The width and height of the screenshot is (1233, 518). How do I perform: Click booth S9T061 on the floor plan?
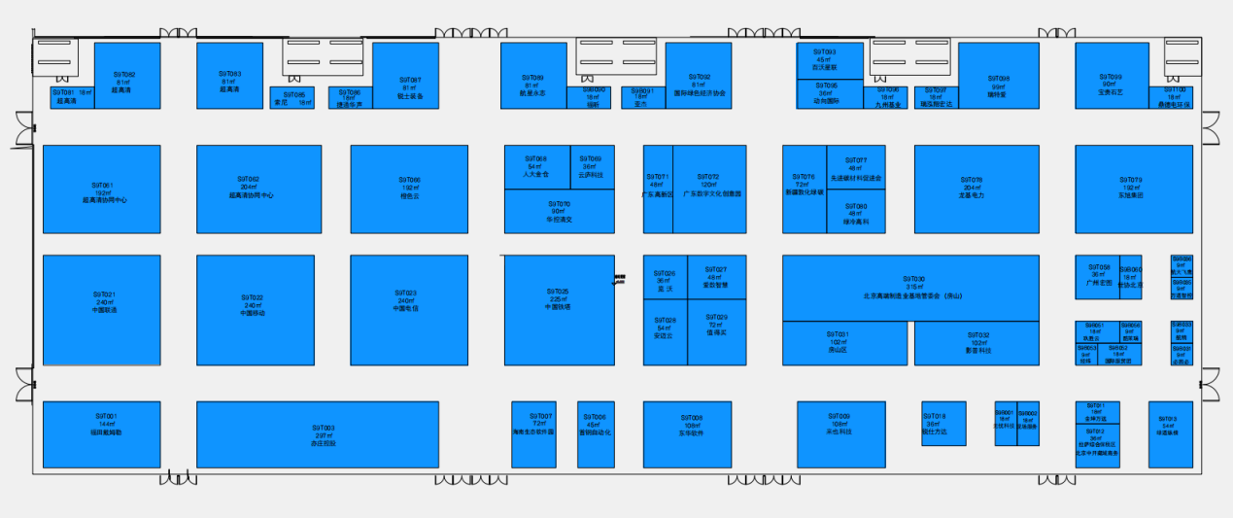coord(101,190)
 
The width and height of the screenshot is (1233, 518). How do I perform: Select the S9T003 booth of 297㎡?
coord(317,434)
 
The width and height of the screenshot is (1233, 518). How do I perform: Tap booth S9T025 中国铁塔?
coord(558,309)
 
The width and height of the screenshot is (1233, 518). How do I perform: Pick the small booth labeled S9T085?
coord(291,98)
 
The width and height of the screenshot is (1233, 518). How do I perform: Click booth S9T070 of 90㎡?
coord(559,212)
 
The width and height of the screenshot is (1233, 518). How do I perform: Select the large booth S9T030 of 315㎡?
coord(910,287)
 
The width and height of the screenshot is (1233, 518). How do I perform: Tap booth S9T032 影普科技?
coord(976,343)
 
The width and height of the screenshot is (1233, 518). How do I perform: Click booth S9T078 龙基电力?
coord(976,190)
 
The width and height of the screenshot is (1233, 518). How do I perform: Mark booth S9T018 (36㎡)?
coord(942,424)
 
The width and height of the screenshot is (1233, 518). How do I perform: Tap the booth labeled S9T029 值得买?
coord(717,332)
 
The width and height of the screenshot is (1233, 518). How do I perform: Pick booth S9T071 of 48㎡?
coord(657,190)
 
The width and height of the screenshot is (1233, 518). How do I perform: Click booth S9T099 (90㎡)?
coord(1111,76)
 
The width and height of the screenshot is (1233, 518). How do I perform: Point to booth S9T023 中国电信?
coord(408,309)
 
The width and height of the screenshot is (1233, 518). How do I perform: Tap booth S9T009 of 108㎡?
coord(840,433)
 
